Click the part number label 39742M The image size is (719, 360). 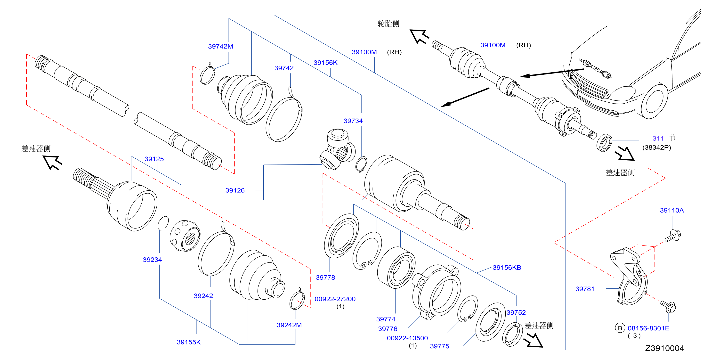click(x=220, y=46)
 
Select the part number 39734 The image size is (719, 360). click(x=353, y=121)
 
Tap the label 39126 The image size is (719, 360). click(x=235, y=190)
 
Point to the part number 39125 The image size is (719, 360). click(x=154, y=159)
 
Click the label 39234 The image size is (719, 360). click(x=152, y=260)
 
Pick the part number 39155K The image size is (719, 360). click(x=189, y=342)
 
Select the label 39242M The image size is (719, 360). click(x=289, y=325)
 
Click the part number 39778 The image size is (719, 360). click(x=325, y=278)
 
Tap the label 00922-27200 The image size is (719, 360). click(x=335, y=299)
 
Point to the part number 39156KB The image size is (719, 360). click(x=507, y=268)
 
